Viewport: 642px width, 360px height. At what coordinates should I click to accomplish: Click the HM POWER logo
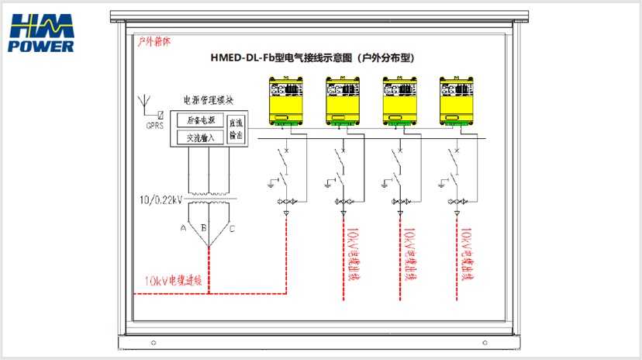pos(42,33)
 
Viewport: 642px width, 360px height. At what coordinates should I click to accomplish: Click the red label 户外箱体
pos(154,42)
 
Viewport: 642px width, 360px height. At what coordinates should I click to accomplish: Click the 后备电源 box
pos(201,120)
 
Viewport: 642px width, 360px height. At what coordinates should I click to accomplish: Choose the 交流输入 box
pos(201,137)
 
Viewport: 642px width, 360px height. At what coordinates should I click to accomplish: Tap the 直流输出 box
pos(236,129)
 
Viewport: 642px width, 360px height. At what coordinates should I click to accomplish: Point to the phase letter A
pos(183,228)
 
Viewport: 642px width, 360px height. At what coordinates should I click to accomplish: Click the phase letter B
pos(203,228)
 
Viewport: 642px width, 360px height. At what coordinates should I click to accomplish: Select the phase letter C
pos(232,228)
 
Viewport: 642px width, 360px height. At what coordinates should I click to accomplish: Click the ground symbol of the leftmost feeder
pos(271,184)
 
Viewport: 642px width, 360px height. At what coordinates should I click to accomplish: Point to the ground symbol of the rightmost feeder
pos(443,184)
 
